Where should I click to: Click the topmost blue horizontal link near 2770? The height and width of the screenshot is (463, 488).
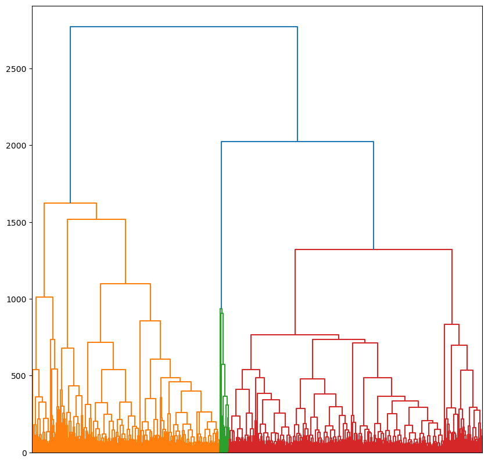click(184, 27)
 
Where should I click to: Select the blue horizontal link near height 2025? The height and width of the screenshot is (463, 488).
click(297, 142)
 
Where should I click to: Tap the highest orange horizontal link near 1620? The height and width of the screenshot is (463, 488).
click(70, 203)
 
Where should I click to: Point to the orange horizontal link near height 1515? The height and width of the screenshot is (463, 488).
click(96, 219)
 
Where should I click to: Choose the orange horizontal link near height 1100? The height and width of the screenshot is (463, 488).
click(125, 284)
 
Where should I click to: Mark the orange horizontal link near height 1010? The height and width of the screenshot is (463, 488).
click(44, 297)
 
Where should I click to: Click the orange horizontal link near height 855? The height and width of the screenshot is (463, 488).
click(150, 321)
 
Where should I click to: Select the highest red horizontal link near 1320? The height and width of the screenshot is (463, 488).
click(374, 249)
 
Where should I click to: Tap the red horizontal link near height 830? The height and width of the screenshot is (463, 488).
click(451, 324)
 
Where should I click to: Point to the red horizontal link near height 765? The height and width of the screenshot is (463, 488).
click(295, 335)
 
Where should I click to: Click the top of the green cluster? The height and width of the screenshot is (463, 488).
click(221, 309)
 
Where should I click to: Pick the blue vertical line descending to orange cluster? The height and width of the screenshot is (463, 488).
click(70, 116)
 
